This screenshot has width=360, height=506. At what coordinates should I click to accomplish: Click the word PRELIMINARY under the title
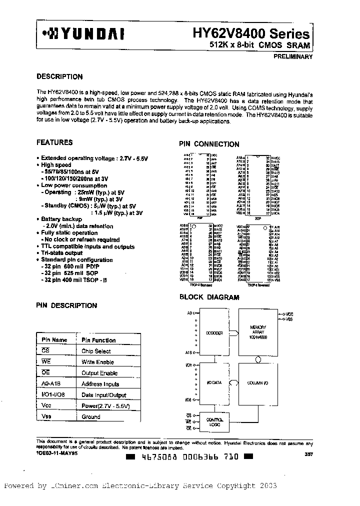[292, 56]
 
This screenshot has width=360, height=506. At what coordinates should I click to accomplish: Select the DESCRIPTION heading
[60, 77]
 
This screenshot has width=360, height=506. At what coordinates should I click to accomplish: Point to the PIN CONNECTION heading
[209, 144]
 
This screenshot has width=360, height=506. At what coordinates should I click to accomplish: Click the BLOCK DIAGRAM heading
[209, 297]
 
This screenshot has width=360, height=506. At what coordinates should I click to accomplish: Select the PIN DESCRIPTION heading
[67, 305]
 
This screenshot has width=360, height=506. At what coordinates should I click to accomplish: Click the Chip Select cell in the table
[96, 351]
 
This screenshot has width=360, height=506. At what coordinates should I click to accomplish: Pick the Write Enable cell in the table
[97, 362]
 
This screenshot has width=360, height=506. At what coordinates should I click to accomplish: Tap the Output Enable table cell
[99, 373]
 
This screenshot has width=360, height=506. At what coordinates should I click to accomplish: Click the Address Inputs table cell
[100, 384]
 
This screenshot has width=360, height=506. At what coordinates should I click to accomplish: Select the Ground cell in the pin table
[91, 416]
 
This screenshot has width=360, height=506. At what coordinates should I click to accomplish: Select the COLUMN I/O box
[258, 382]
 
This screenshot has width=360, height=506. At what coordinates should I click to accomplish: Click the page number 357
[308, 454]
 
